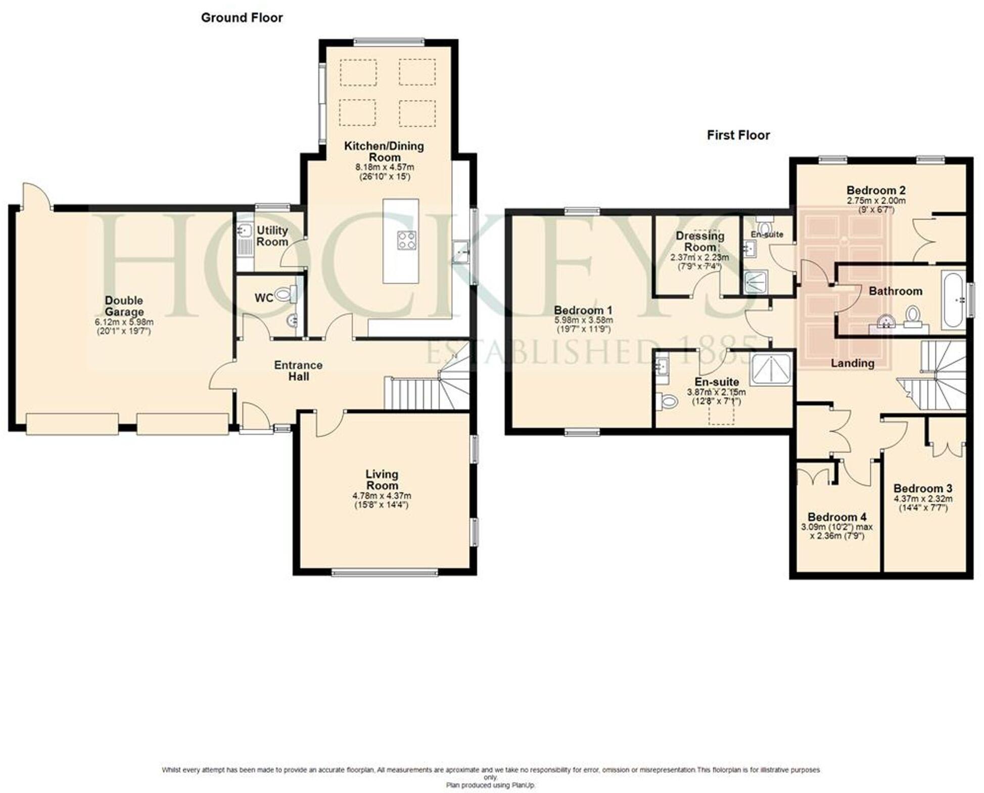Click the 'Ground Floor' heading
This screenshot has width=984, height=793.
point(242,18)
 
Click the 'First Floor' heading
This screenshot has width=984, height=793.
point(738,135)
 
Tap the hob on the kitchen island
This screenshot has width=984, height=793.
point(406,240)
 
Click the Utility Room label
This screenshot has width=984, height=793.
point(272,236)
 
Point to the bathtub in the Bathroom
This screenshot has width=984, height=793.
point(953,301)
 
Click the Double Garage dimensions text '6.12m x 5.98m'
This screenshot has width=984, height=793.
point(124,322)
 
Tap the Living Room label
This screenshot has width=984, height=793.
point(382,480)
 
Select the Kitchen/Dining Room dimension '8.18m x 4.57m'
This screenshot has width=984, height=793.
point(385,167)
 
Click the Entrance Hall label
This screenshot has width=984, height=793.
point(298,370)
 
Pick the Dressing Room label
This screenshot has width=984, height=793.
point(699,241)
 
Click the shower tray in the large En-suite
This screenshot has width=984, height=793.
point(771,369)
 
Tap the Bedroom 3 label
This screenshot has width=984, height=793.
point(923,488)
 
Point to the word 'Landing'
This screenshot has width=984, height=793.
point(852,363)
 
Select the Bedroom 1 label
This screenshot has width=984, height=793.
point(583,310)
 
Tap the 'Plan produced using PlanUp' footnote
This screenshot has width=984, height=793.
point(490,785)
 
